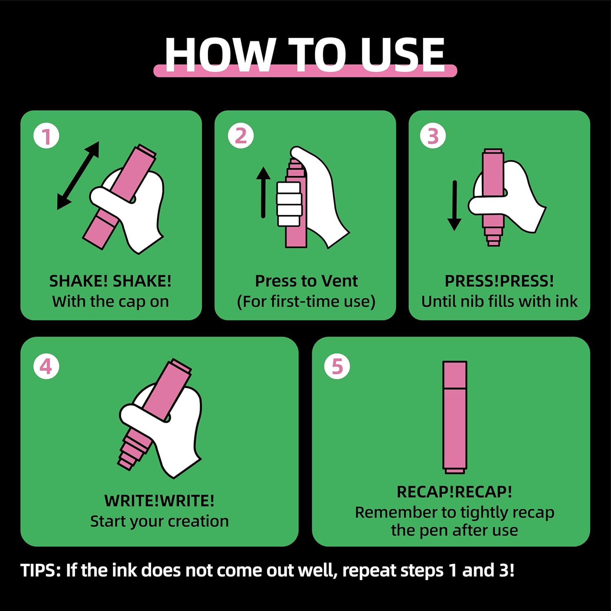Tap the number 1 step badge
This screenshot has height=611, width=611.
[46, 136]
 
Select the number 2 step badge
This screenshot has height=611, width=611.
[241, 136]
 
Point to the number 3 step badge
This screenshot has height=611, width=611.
[433, 136]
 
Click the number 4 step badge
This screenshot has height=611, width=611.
[46, 366]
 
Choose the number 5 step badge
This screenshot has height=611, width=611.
[337, 366]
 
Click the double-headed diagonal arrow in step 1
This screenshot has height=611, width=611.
[78, 176]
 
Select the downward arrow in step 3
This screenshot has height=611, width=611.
[454, 206]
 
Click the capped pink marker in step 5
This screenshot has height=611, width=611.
[455, 417]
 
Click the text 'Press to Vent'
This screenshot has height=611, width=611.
[306, 281]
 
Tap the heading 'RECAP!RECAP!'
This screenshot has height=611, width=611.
[454, 492]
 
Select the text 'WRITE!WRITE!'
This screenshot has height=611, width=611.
[159, 501]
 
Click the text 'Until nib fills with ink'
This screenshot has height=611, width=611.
[499, 301]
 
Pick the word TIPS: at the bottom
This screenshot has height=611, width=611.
[41, 570]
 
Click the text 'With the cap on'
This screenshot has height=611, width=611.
[110, 302]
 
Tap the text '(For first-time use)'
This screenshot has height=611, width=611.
[306, 302]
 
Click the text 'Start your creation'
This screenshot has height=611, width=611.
[159, 521]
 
